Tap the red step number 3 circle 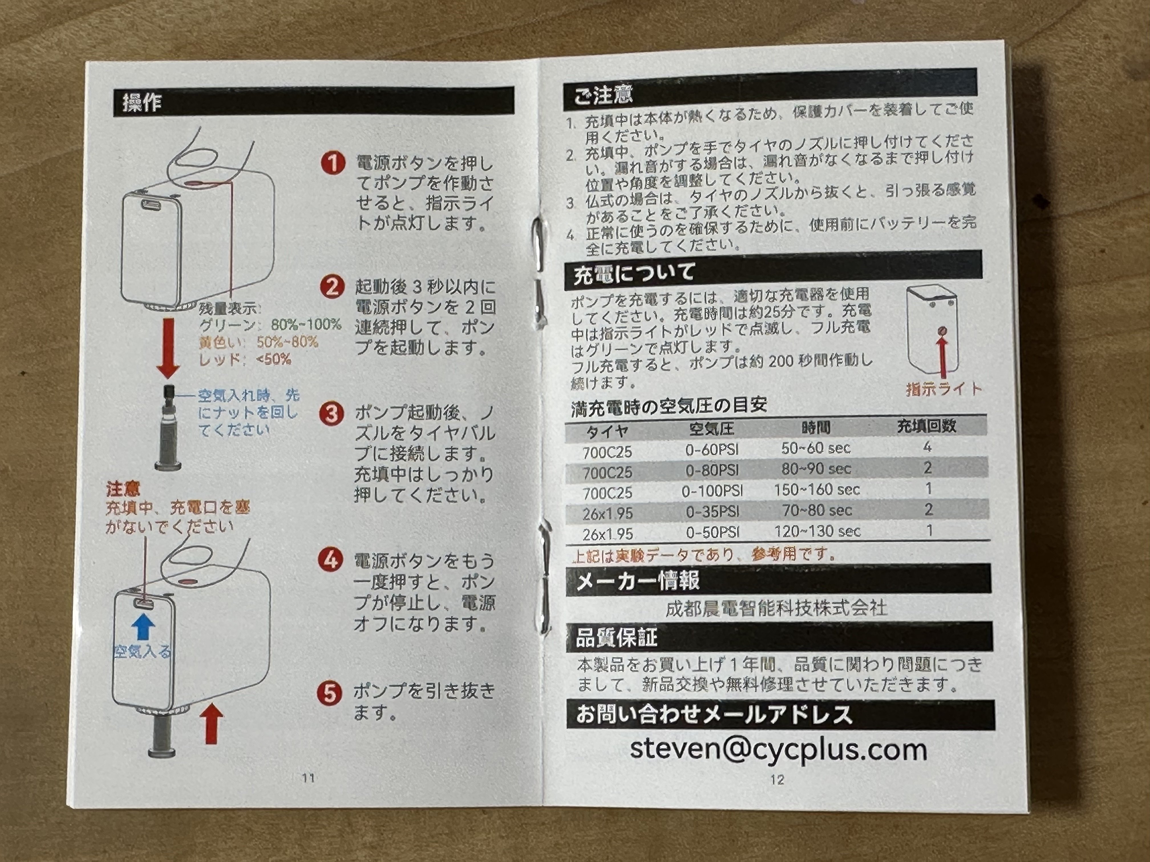tap(331, 414)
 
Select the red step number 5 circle tap(330, 694)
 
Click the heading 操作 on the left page tap(142, 102)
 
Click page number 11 tap(308, 778)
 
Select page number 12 tap(777, 779)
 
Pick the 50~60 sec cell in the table tap(816, 448)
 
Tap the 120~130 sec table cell tap(817, 531)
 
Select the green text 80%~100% tap(306, 325)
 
